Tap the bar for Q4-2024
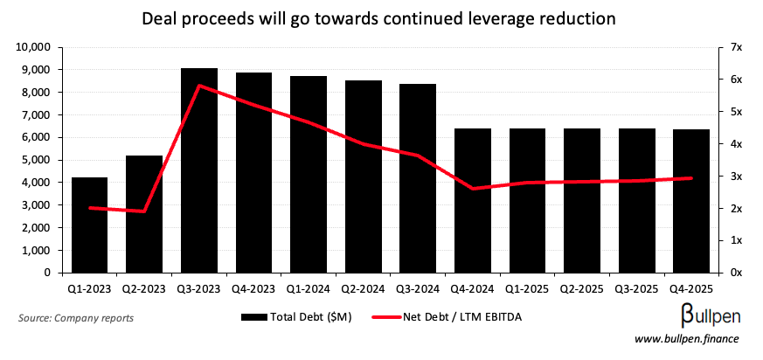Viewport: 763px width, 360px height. tap(473, 200)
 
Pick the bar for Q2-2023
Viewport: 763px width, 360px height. tap(144, 214)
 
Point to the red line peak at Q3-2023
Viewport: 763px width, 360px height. tap(199, 86)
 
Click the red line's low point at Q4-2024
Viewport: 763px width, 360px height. tap(473, 188)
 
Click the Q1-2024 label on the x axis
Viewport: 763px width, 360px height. tap(309, 287)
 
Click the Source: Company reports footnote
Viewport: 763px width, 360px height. tap(75, 318)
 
